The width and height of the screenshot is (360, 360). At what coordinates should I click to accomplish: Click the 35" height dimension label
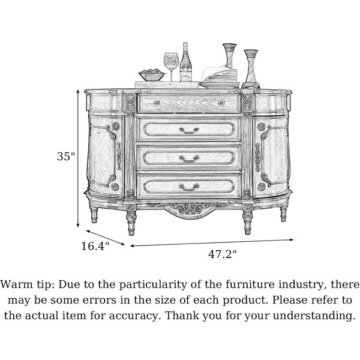[66, 157]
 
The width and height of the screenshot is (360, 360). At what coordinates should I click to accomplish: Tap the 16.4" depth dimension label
[95, 246]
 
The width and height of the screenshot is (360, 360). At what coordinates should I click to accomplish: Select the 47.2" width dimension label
[222, 254]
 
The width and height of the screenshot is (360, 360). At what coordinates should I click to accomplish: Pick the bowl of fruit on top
[152, 74]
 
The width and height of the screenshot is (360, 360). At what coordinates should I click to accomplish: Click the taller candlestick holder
[230, 56]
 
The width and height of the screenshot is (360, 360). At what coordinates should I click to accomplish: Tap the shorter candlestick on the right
[251, 69]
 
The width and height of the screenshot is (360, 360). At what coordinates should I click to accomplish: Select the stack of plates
[220, 79]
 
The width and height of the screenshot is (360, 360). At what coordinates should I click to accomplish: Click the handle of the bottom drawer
[189, 187]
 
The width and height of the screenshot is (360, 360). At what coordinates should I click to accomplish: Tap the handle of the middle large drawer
[189, 158]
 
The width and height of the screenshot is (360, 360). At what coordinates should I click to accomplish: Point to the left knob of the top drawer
[157, 103]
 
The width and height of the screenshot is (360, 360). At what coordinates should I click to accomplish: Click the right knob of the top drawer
[221, 103]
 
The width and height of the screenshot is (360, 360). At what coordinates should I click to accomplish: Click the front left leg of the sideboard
[131, 220]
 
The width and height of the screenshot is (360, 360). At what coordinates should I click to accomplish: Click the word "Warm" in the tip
[17, 284]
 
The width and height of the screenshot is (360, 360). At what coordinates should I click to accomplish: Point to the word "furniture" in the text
[250, 284]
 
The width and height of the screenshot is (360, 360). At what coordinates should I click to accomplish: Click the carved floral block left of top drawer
[130, 103]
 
